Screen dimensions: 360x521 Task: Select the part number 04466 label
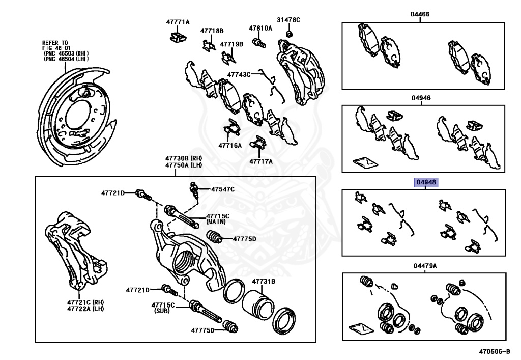(x=420, y=14)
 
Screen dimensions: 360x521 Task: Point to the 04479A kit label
(x=425, y=266)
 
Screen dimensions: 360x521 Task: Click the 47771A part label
(x=177, y=22)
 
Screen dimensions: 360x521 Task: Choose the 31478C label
(x=288, y=20)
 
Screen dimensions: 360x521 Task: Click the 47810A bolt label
(x=260, y=29)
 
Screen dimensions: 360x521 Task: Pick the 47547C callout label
(x=223, y=189)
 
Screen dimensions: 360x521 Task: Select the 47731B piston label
(x=264, y=281)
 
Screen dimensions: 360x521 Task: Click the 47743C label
(x=239, y=74)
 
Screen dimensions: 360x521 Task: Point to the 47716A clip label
(x=230, y=145)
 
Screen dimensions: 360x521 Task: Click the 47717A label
(x=261, y=161)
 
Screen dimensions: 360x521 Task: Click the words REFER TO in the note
(x=54, y=43)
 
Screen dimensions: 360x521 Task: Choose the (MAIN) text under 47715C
(x=217, y=223)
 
